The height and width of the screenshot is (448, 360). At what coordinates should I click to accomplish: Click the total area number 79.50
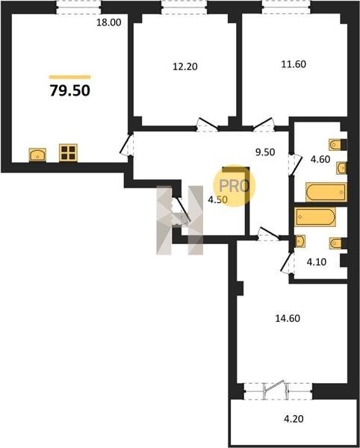tap(70, 90)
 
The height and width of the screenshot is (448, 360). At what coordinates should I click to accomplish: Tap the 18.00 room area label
tap(108, 22)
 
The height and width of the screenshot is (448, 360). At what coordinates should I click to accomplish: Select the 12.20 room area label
tap(185, 66)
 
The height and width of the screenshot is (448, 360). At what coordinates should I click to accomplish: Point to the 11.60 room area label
tap(294, 64)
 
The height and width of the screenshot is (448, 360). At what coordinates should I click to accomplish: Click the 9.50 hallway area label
tap(265, 152)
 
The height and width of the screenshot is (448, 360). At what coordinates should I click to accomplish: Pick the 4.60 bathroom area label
tap(320, 159)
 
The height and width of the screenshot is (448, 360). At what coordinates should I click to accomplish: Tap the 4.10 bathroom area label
tap(317, 262)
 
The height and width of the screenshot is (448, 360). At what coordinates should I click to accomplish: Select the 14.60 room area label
tap(288, 318)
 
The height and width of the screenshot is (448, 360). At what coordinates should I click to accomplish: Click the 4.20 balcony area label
tap(293, 419)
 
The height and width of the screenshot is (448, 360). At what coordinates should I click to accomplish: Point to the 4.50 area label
tap(217, 199)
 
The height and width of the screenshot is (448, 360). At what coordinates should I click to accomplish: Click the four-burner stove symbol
tap(68, 152)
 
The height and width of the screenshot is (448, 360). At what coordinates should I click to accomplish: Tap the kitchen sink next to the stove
tap(37, 155)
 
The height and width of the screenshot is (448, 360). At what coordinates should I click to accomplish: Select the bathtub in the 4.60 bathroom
tap(326, 192)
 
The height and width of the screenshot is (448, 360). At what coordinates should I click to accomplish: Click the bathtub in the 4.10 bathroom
tap(315, 217)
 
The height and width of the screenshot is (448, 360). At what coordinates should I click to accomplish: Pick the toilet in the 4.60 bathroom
tap(337, 145)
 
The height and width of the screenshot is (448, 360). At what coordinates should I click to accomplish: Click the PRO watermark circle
tap(235, 186)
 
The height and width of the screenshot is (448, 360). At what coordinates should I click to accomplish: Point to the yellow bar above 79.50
tap(70, 77)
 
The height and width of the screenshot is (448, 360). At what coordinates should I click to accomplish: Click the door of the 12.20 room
tap(208, 124)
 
